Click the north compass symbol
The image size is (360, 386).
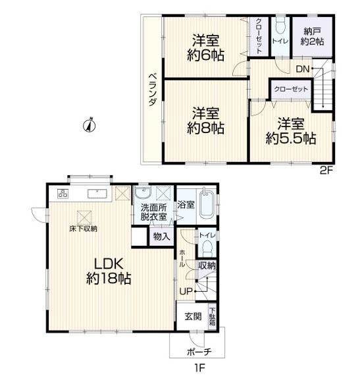click(x=90, y=126)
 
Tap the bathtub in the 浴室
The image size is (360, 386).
click(x=206, y=204)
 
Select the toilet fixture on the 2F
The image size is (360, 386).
click(x=280, y=26)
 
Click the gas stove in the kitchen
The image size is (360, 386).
click(x=63, y=193)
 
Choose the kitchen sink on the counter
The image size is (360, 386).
click(x=97, y=194)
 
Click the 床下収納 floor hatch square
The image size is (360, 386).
click(x=84, y=217)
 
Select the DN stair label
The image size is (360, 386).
click(x=303, y=69)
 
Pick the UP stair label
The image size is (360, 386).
click(x=186, y=291)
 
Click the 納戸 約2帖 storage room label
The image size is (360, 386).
click(x=313, y=37)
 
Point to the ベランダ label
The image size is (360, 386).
click(x=153, y=90)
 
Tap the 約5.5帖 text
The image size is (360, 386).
click(x=291, y=139)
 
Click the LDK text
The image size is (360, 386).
click(x=109, y=264)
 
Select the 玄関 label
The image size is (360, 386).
click(x=193, y=316)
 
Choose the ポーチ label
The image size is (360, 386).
click(x=199, y=352)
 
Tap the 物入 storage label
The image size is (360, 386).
click(x=161, y=237)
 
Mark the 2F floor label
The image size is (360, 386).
click(x=326, y=171)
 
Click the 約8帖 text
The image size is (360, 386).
click(x=205, y=128)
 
